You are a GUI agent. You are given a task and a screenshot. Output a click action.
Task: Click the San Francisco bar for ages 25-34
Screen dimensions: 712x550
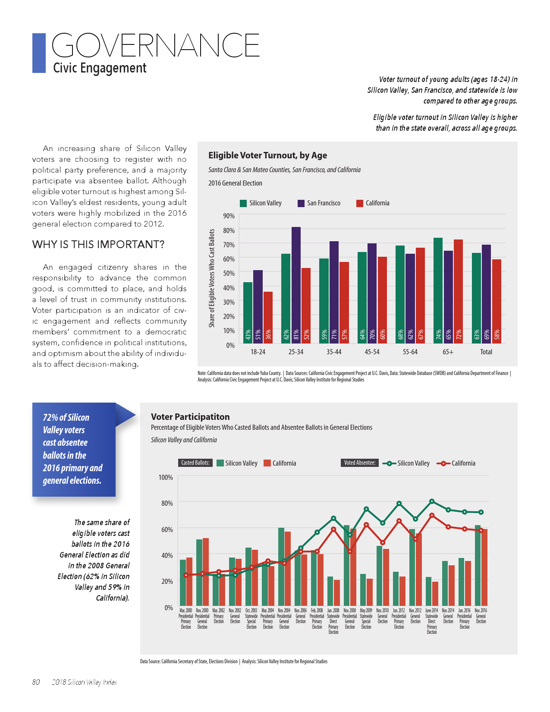(296, 285)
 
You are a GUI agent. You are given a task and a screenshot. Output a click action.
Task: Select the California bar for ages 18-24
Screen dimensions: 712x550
(268, 317)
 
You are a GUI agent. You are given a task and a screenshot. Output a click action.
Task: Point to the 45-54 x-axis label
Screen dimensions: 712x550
(372, 352)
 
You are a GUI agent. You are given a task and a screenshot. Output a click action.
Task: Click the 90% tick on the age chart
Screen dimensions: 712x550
(229, 216)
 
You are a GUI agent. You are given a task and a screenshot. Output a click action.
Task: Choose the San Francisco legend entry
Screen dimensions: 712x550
(319, 203)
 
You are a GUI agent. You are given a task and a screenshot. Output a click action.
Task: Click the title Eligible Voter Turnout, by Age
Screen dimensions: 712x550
(267, 155)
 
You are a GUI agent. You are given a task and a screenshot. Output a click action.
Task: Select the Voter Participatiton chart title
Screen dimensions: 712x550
(190, 417)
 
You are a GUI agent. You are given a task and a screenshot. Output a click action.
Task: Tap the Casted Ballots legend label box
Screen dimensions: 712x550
(195, 463)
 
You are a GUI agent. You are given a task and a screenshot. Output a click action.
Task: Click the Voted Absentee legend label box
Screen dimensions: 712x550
(359, 463)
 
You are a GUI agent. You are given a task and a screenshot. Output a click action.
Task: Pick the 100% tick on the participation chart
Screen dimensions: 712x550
(166, 478)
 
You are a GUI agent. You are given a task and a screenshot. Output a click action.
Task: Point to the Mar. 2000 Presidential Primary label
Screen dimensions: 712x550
(186, 619)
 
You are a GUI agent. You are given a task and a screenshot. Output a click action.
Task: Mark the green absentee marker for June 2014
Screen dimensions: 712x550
(432, 501)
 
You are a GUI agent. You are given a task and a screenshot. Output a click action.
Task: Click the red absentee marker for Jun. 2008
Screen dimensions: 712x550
(333, 529)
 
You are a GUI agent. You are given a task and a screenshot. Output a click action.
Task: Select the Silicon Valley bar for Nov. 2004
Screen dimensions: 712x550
(281, 566)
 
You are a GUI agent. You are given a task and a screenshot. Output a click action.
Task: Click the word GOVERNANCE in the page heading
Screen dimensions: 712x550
(155, 45)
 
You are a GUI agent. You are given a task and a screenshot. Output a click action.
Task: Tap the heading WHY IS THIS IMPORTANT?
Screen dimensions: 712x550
(98, 245)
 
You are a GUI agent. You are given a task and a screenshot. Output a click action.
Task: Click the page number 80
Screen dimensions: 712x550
(36, 682)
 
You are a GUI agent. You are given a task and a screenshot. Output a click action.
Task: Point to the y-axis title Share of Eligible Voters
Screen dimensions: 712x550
(212, 278)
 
